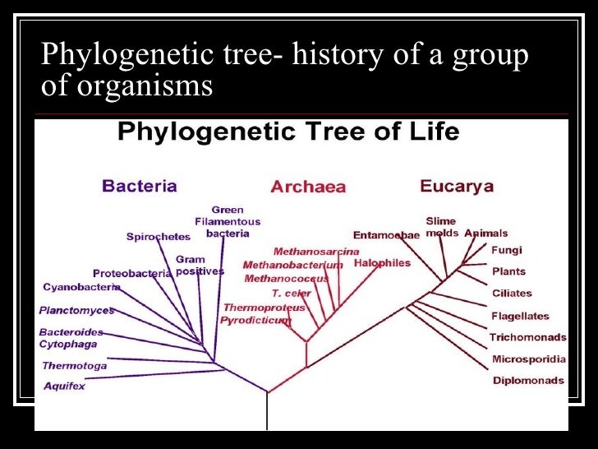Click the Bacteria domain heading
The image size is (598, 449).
click(139, 186)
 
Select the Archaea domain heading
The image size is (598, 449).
click(308, 187)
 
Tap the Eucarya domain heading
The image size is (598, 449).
click(456, 186)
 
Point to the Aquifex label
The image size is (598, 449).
click(64, 386)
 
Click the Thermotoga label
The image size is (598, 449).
click(74, 366)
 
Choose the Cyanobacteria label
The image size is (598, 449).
click(81, 287)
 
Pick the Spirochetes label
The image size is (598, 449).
click(159, 237)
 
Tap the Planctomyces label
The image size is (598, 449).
click(76, 311)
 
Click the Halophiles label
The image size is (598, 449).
click(382, 263)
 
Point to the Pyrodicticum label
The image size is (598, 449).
click(255, 320)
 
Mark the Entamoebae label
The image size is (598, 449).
click(386, 235)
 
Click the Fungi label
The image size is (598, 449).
click(507, 250)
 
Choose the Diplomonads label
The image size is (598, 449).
click(528, 381)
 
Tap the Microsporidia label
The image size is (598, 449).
click(529, 359)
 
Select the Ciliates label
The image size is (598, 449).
click(512, 293)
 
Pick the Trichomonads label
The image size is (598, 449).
click(528, 337)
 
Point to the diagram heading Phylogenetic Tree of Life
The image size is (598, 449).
click(288, 132)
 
